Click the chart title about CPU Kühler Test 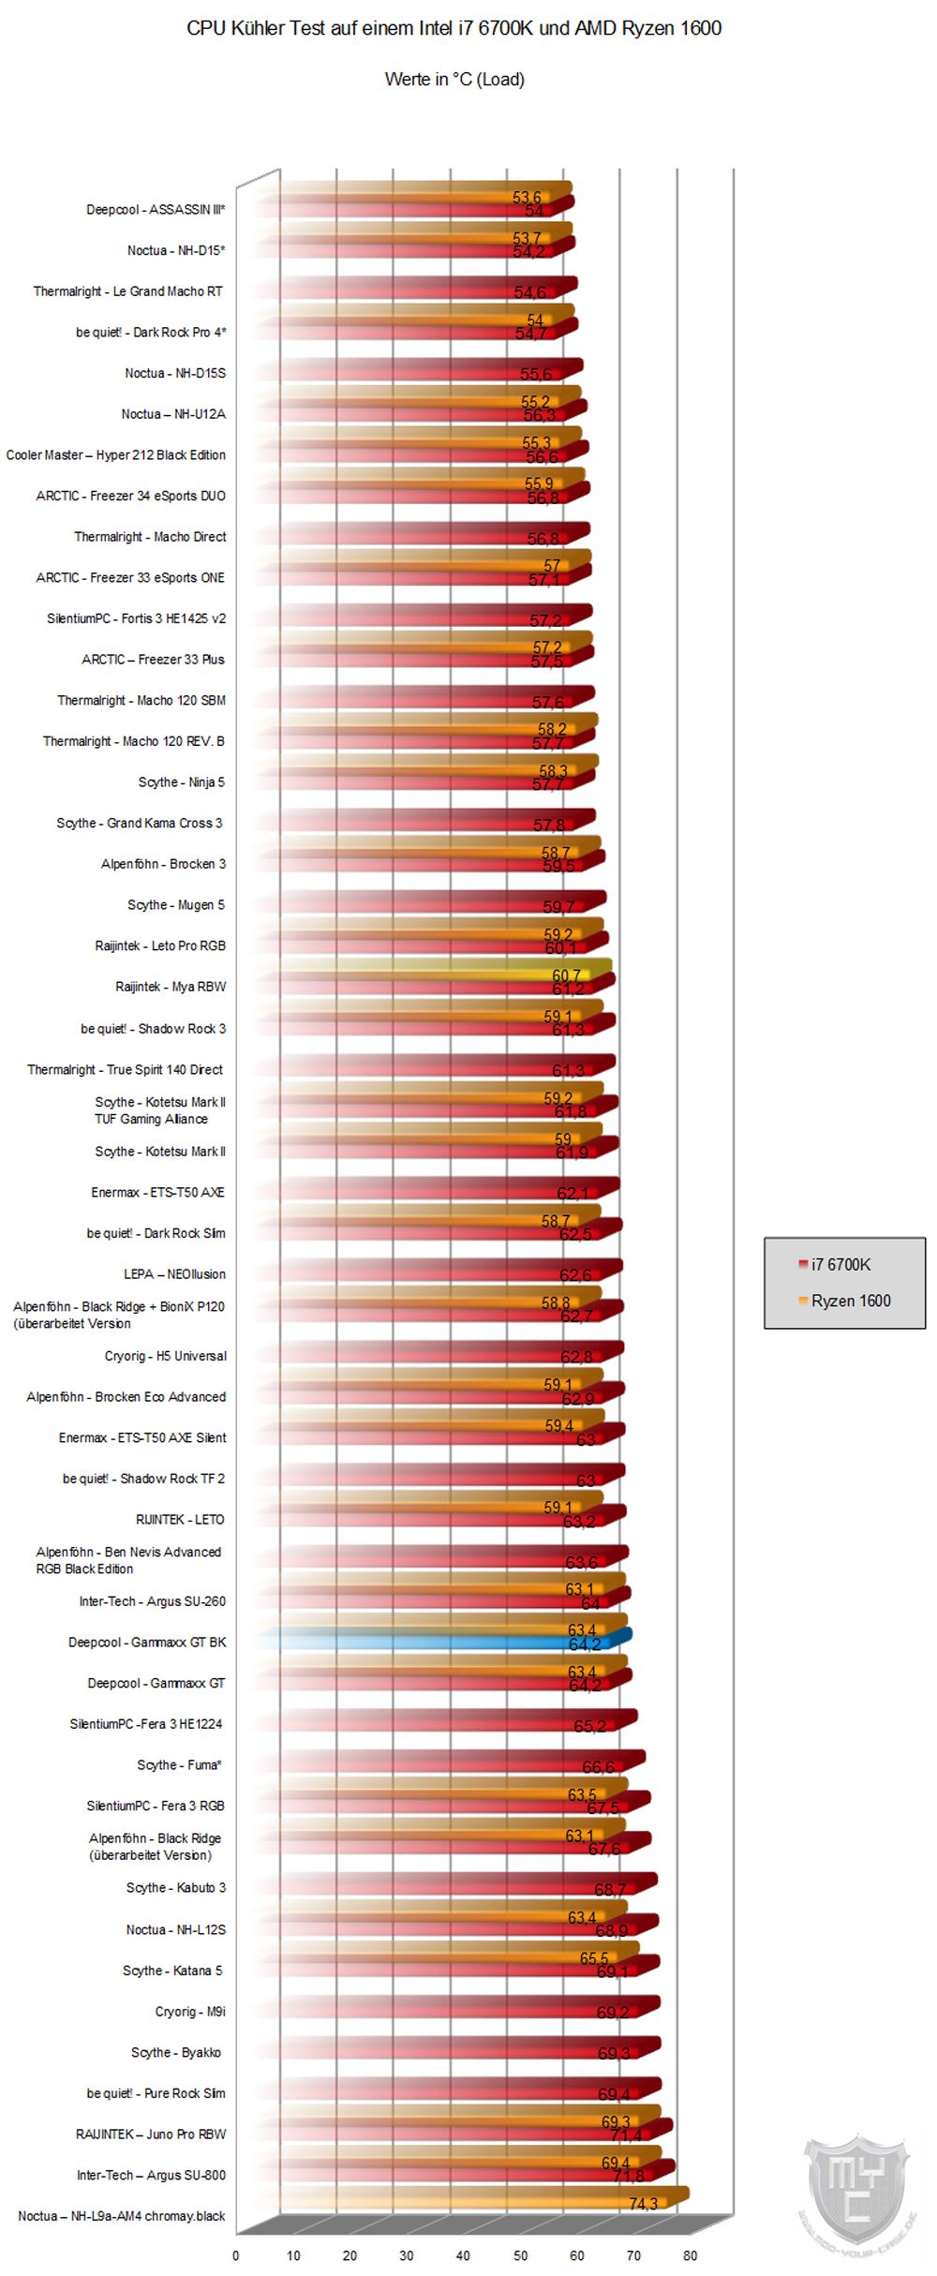pyautogui.click(x=454, y=28)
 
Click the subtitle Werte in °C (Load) pyautogui.click(x=454, y=80)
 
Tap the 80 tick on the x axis pyautogui.click(x=691, y=2255)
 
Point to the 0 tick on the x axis pyautogui.click(x=236, y=2255)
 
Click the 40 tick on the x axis pyautogui.click(x=463, y=2255)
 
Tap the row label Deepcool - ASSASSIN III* pyautogui.click(x=156, y=210)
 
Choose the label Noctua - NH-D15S pyautogui.click(x=175, y=373)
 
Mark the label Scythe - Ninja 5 pyautogui.click(x=181, y=782)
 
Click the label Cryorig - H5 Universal pyautogui.click(x=165, y=1356)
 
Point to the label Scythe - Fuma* pyautogui.click(x=179, y=1765)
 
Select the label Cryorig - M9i pyautogui.click(x=189, y=2012)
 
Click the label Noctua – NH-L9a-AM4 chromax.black pyautogui.click(x=122, y=2216)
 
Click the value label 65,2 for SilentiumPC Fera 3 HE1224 pyautogui.click(x=589, y=1726)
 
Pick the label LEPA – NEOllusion pyautogui.click(x=174, y=1274)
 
